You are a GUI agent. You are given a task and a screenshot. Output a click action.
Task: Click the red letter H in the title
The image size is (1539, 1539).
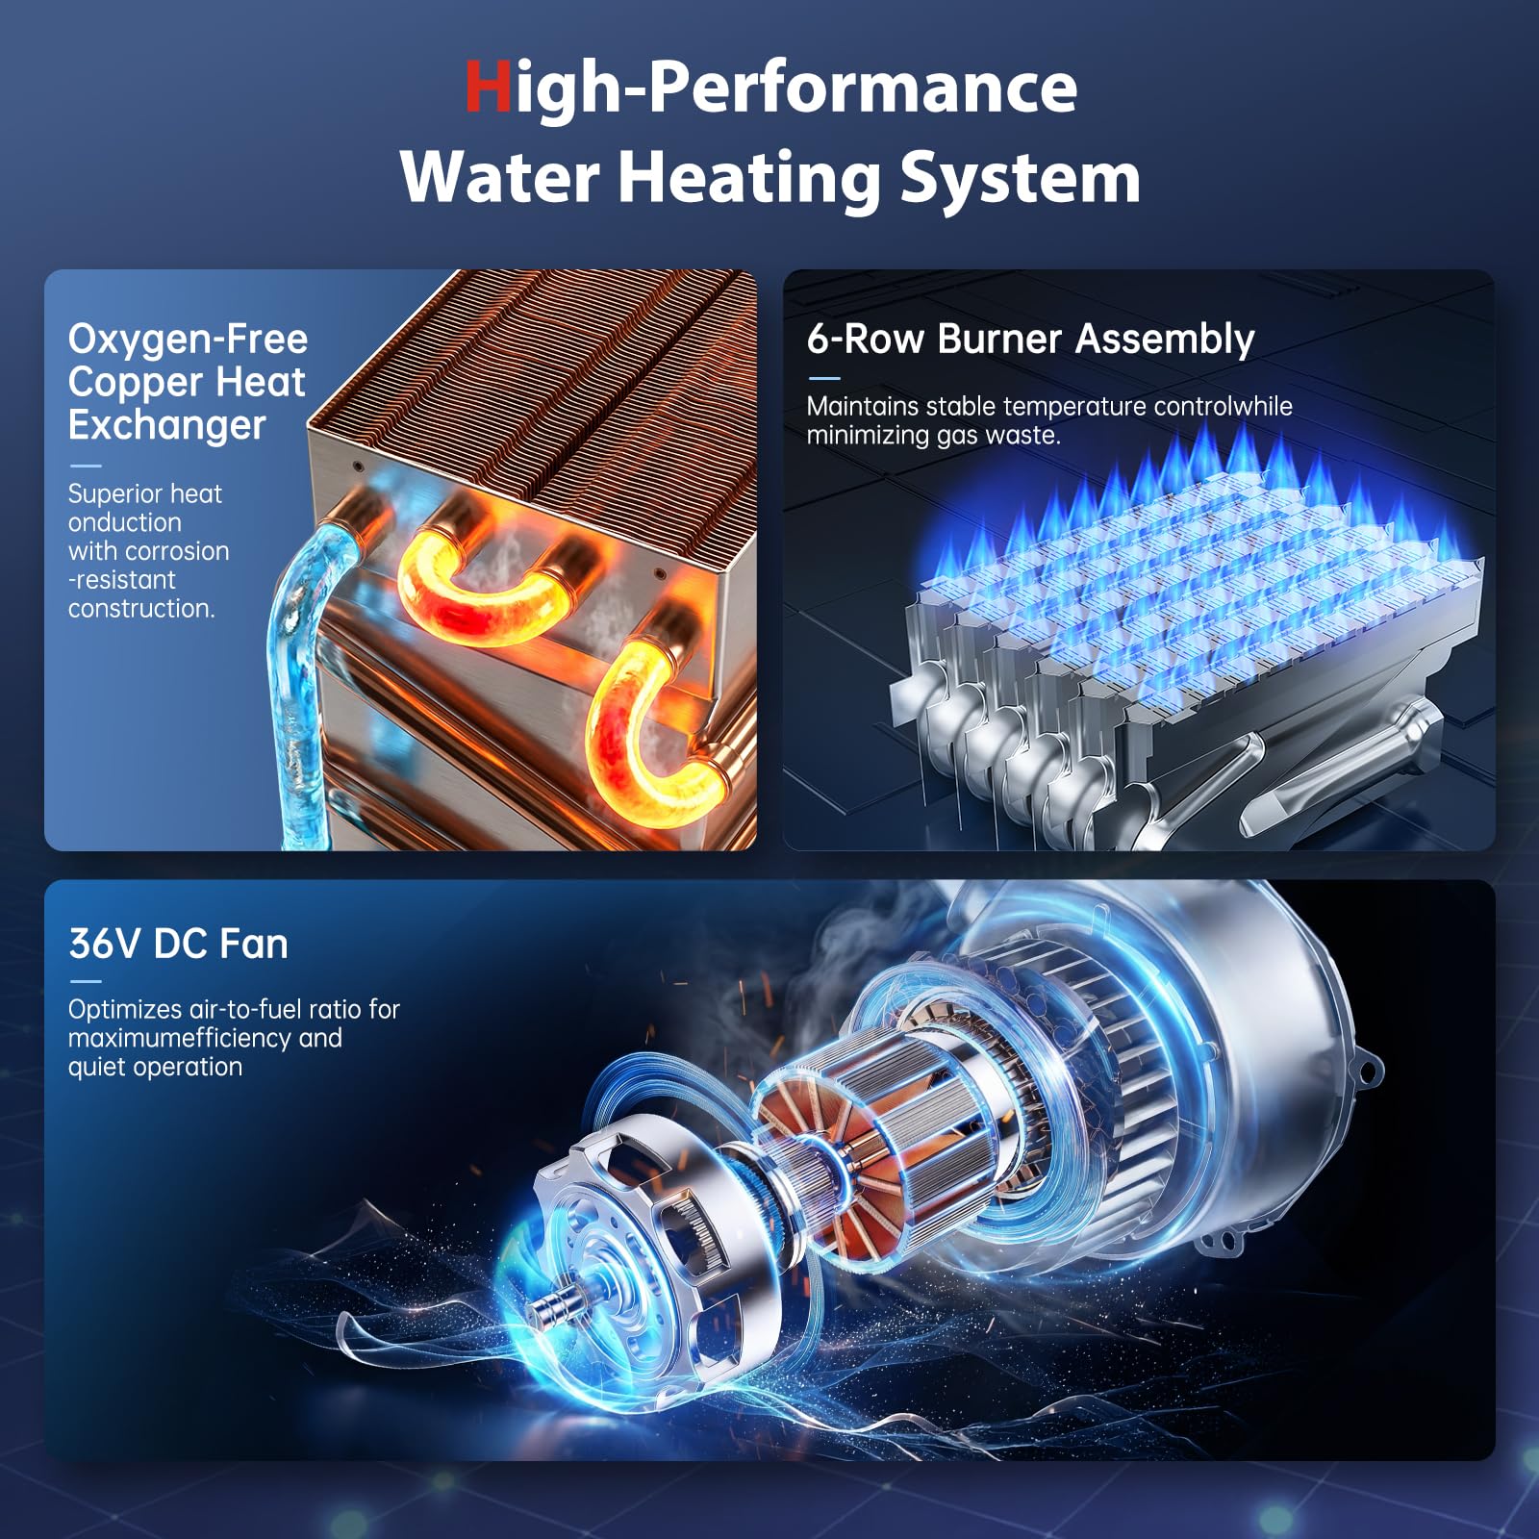488,87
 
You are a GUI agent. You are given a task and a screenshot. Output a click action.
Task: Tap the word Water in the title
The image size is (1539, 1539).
500,178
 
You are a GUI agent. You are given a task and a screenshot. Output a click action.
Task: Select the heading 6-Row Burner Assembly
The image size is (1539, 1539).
1030,339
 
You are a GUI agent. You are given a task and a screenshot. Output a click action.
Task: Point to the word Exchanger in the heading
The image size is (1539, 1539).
166,425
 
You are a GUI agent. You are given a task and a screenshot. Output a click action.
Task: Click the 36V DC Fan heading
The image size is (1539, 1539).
178,944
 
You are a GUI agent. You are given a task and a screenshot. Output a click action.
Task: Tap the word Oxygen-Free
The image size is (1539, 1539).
188,340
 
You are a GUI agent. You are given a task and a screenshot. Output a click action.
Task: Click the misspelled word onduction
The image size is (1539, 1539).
124,522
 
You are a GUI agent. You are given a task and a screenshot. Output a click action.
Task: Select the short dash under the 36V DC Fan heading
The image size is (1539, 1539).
85,981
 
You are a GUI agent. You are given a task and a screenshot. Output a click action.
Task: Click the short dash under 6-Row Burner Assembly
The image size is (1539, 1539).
823,378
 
